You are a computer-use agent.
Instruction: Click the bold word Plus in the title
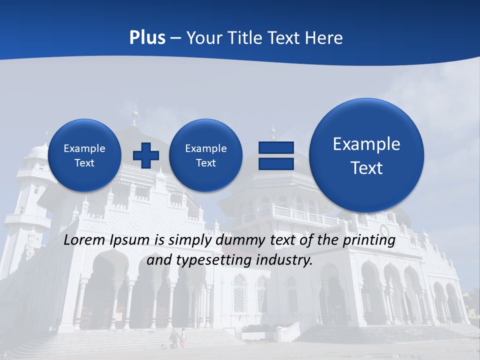147,38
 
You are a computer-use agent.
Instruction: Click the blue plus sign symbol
146,155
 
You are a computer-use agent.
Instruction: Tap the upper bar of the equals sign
275,147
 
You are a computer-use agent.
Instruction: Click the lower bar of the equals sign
275,162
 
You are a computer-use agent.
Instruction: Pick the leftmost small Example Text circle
84,155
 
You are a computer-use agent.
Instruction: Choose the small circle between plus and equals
205,155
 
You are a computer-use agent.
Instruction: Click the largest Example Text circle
366,155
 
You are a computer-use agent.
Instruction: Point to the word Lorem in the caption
84,240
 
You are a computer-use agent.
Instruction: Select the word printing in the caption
369,240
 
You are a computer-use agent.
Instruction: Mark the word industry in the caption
285,260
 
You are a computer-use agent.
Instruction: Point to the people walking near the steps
178,337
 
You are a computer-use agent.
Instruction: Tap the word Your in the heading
203,38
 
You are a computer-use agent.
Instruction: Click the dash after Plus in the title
175,38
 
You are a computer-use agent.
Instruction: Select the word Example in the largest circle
366,144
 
